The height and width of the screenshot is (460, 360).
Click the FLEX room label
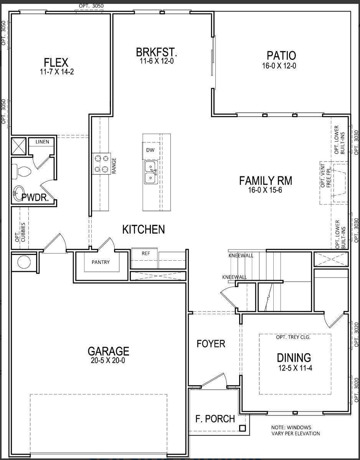56,62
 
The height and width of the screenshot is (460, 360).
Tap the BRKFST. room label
157,52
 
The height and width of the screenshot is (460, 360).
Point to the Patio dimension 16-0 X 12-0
279,66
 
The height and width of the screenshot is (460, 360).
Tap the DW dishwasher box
150,150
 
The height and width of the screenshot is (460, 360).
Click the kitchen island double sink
151,172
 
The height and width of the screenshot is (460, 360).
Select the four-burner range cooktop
101,164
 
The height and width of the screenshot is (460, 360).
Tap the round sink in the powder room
18,193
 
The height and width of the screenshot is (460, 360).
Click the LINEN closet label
42,142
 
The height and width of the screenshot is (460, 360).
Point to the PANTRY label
101,262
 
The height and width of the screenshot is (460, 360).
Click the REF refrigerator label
145,253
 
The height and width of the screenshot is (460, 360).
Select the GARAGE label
108,351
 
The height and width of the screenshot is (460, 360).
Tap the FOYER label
211,344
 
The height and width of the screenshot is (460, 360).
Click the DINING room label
294,358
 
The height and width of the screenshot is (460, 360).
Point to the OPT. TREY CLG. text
293,338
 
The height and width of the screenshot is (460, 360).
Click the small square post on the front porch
242,428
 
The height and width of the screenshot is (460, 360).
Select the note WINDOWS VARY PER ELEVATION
296,430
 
